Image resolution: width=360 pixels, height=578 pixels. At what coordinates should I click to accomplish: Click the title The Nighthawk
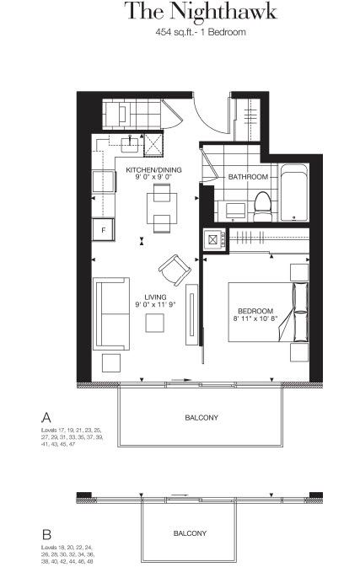(201, 11)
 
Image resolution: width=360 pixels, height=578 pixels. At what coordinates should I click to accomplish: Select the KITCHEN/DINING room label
(153, 170)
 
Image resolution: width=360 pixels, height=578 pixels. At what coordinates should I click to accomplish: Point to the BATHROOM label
(248, 177)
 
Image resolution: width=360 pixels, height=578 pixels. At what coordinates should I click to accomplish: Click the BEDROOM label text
(255, 311)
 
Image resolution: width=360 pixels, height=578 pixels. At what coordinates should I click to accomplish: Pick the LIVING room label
(155, 297)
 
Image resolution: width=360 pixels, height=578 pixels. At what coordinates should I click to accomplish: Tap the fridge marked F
(103, 230)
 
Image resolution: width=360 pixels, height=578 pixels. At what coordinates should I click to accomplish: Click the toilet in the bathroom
(263, 206)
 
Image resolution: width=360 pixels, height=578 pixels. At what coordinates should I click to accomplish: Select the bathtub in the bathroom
(294, 193)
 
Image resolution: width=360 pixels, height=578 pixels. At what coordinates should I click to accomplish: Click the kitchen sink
(130, 144)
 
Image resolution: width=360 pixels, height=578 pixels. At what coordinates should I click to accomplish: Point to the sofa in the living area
(111, 313)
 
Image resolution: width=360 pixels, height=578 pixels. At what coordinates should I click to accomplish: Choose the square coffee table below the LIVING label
(154, 323)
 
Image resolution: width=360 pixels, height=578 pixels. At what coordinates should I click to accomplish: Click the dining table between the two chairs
(162, 208)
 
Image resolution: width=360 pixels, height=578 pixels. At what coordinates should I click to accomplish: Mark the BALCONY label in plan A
(201, 418)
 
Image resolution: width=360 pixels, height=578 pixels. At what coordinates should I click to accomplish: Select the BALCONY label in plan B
(190, 533)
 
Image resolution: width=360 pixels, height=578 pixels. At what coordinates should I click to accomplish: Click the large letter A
(46, 418)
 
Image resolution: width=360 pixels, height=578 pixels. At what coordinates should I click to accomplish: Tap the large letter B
(46, 534)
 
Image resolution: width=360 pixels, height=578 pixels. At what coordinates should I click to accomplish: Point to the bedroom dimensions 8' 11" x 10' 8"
(255, 318)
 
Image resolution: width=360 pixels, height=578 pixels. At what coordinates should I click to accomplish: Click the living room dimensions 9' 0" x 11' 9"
(155, 304)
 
